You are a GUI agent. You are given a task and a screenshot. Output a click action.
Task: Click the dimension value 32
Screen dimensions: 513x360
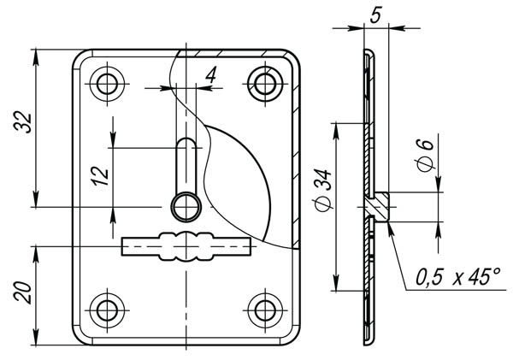pyautogui.click(x=23, y=122)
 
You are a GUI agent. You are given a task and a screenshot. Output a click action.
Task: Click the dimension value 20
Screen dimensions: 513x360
pyautogui.click(x=23, y=292)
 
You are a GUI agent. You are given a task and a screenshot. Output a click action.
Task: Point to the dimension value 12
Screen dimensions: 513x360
pyautogui.click(x=100, y=177)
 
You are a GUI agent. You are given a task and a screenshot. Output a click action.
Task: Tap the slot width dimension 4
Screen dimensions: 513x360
pyautogui.click(x=211, y=75)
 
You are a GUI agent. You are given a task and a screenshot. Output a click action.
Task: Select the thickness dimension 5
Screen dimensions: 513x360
pyautogui.click(x=376, y=15)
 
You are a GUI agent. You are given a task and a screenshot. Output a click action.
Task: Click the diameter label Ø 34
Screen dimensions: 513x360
pyautogui.click(x=324, y=191)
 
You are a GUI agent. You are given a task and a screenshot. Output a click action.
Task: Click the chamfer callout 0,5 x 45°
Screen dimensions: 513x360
pyautogui.click(x=457, y=277)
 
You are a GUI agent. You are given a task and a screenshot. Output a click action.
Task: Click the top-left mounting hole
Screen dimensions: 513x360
pyautogui.click(x=107, y=84)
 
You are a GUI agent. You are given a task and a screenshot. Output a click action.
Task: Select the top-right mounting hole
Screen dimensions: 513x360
pyautogui.click(x=265, y=84)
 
